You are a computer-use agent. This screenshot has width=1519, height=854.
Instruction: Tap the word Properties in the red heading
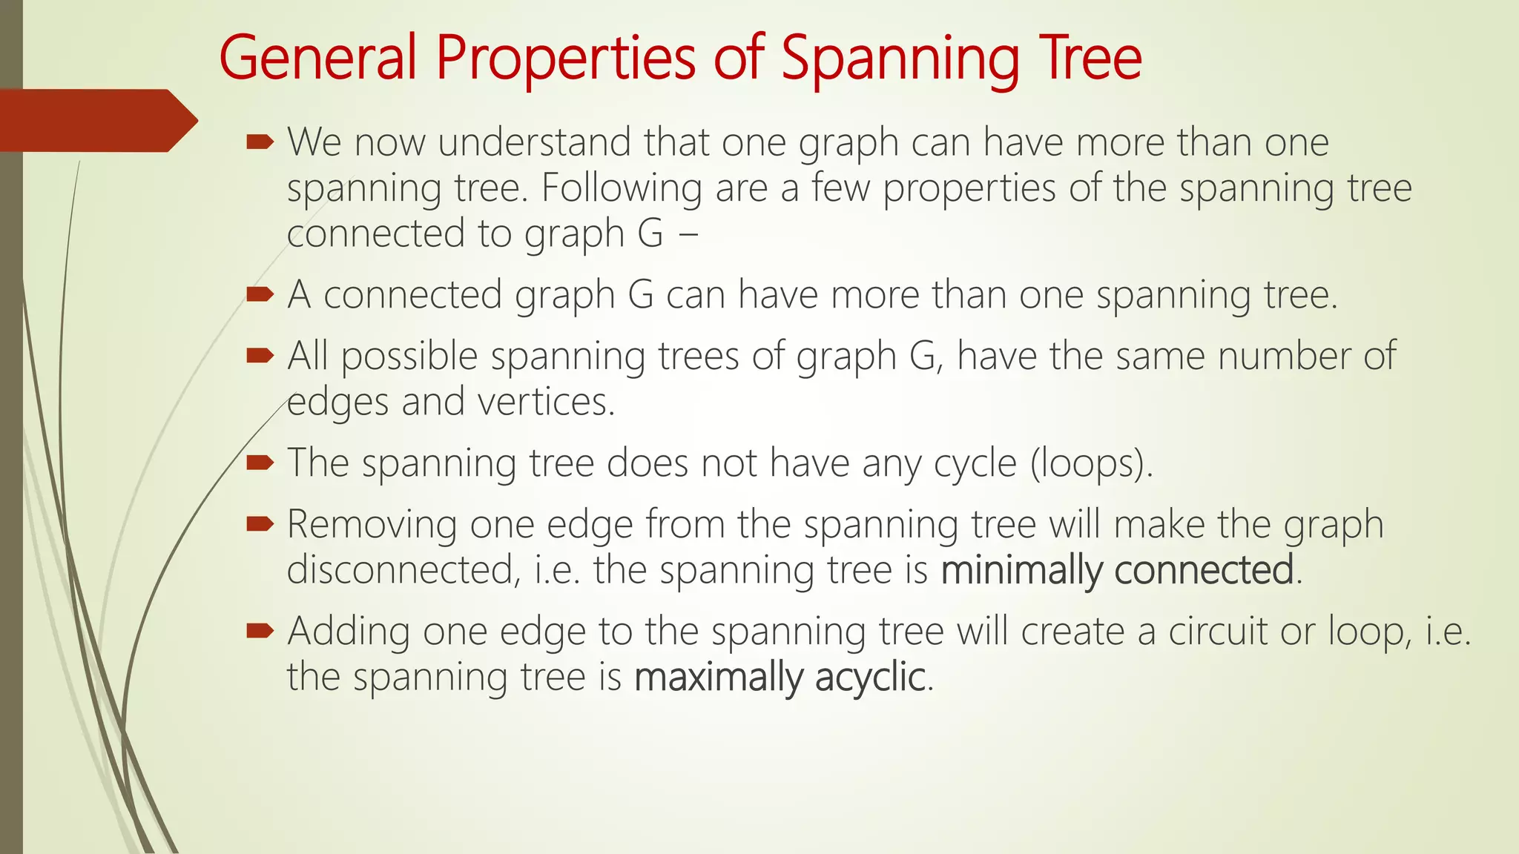pos(565,59)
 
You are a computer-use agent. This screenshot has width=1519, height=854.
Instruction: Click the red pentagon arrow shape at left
pos(96,120)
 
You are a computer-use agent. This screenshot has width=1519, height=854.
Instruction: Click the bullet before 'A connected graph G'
pos(260,294)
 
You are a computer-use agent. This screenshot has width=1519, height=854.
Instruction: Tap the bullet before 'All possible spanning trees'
pos(260,355)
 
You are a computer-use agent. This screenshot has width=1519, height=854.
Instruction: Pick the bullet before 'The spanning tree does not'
pos(260,463)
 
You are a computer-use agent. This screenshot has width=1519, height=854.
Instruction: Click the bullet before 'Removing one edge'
pos(260,524)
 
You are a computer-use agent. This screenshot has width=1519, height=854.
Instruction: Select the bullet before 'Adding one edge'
pos(260,631)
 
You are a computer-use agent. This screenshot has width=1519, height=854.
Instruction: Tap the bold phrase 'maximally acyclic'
pos(780,677)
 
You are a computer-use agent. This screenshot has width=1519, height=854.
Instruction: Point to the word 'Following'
pos(622,188)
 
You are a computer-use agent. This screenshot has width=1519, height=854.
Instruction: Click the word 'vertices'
pos(545,402)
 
